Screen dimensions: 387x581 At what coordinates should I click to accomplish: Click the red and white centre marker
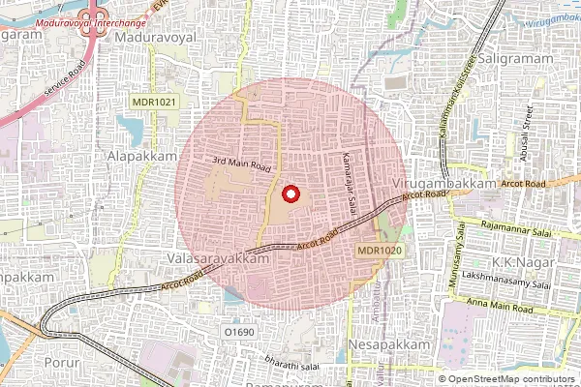(290, 193)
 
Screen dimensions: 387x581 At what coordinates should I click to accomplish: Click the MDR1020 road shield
(379, 251)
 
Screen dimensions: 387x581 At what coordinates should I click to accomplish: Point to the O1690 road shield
(238, 332)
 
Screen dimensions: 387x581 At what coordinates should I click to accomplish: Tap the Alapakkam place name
(141, 155)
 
